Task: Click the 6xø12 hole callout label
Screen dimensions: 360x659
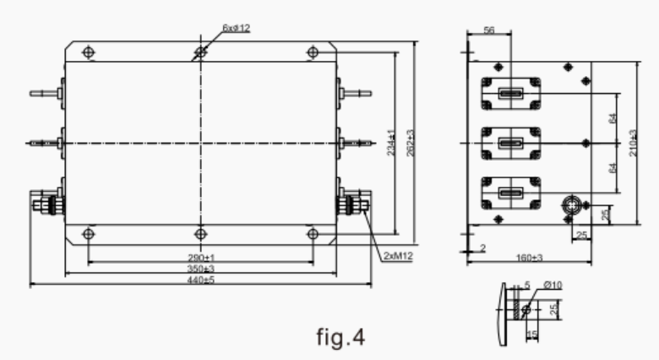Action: coord(237,28)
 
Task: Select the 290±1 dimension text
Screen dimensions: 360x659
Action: coord(201,256)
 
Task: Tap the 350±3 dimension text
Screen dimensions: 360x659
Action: coord(201,269)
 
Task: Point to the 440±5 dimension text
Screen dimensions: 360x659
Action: coord(201,281)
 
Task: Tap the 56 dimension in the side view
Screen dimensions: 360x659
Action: coord(488,30)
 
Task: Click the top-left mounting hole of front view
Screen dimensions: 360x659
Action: coord(87,52)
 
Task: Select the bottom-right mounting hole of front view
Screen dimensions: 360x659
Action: coord(313,232)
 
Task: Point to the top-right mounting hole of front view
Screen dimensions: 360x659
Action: coord(313,52)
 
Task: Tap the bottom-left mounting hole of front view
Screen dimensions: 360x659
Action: coord(87,232)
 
